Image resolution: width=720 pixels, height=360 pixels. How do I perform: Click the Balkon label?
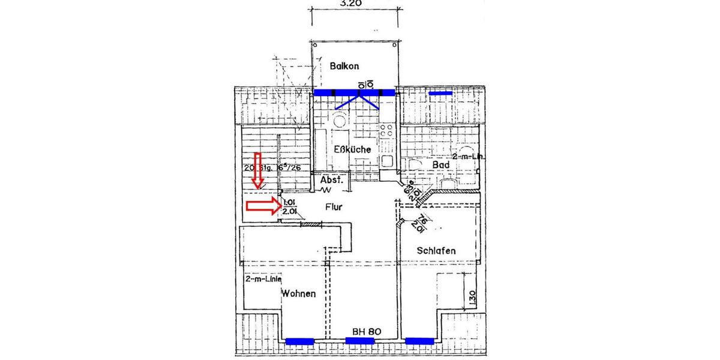344,66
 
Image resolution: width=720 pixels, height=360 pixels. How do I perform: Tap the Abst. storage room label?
331,180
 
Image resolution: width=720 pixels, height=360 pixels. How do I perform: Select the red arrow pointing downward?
258,170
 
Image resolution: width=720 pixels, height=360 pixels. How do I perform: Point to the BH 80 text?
367,331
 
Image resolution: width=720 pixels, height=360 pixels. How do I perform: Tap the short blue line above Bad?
441,94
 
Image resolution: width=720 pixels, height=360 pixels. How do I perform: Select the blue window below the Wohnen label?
299,341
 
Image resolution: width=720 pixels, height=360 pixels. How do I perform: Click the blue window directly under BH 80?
360,341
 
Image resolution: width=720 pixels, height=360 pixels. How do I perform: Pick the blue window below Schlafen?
419,341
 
